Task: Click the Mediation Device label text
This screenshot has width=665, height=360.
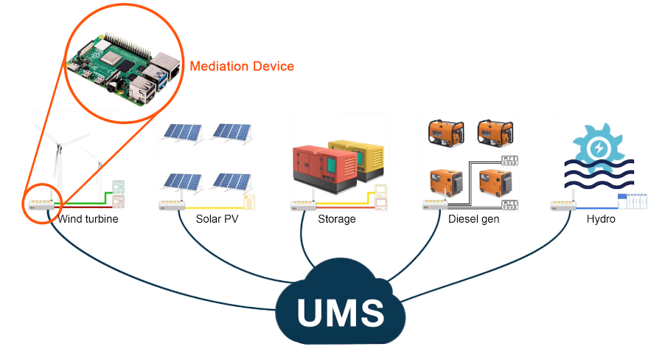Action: point(242,66)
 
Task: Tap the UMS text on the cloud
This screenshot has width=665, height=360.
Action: point(341,311)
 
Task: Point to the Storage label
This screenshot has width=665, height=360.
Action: point(337,219)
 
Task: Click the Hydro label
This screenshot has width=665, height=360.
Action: point(602,219)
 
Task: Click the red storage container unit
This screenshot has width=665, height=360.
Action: point(324,167)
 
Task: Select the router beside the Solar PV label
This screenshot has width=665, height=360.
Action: point(171,204)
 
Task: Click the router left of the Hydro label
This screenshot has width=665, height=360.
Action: point(563,204)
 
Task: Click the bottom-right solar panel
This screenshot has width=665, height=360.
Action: point(232,181)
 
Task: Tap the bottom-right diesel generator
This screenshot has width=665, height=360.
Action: point(494,184)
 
